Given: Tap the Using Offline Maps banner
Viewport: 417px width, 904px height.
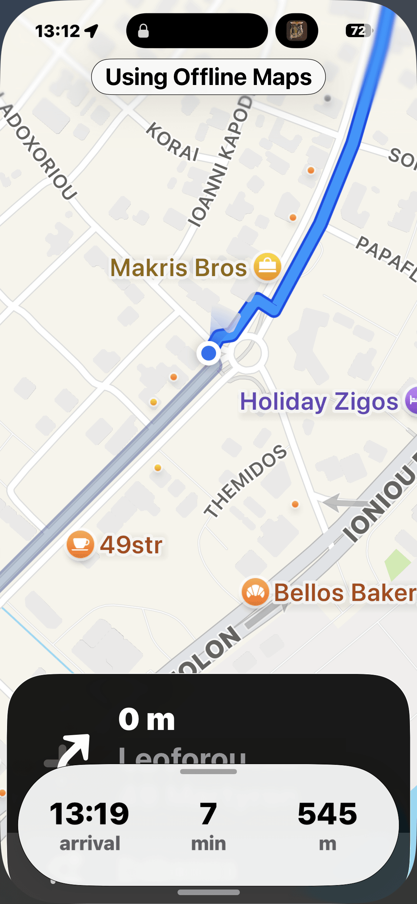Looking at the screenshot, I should click(x=208, y=77).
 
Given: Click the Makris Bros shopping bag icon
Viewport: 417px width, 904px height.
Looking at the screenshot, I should click(x=267, y=267).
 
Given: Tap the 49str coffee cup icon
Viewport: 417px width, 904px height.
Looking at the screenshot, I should click(x=80, y=544).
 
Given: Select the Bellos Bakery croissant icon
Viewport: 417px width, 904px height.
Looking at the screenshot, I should click(x=255, y=592).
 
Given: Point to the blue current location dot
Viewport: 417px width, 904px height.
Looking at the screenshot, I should click(x=209, y=353).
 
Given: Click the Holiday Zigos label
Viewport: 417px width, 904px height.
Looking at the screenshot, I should click(x=319, y=402).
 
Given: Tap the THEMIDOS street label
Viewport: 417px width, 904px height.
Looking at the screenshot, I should click(x=245, y=481).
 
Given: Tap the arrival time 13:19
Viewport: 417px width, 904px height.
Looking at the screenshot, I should click(x=89, y=814).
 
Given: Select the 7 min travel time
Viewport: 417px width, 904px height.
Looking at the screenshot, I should click(x=208, y=814).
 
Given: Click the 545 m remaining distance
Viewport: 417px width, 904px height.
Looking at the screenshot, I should click(x=327, y=814).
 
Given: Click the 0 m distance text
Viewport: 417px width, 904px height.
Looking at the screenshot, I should click(x=147, y=719).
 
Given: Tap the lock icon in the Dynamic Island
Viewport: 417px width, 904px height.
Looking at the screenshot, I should click(x=143, y=31).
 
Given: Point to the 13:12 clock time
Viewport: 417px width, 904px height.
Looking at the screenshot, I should click(x=57, y=31).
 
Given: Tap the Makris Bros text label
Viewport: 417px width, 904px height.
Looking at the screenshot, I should click(x=179, y=268).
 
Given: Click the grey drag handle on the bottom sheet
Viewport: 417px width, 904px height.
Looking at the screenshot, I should click(x=208, y=772).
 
